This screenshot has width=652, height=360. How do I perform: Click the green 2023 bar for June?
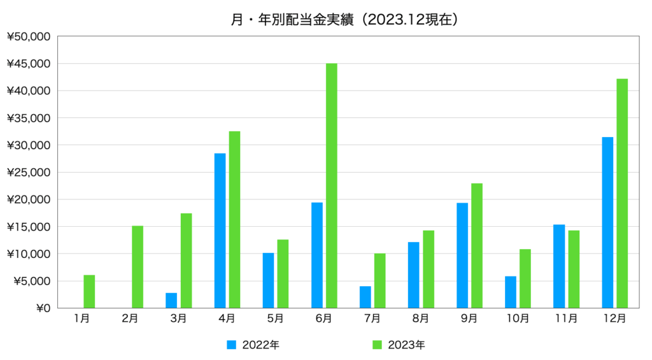(331, 185)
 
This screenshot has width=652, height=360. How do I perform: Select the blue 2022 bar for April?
(220, 231)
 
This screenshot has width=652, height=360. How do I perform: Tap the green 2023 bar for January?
(89, 291)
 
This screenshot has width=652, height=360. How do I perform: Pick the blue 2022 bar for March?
(171, 301)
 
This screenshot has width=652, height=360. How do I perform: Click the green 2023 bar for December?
(622, 194)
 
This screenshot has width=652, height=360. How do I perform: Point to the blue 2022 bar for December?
(607, 222)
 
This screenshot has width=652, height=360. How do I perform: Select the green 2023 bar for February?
(138, 267)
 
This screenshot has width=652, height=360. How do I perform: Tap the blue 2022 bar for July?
(365, 297)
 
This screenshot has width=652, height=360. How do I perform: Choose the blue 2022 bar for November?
(559, 266)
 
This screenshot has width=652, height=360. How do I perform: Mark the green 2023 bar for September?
(477, 245)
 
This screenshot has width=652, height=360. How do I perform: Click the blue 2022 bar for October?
(511, 292)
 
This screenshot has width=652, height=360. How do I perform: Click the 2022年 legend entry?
(253, 345)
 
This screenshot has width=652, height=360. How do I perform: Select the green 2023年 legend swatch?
(377, 345)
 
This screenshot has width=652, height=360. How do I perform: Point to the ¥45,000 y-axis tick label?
(28, 64)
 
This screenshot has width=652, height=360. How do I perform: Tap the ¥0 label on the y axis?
(43, 308)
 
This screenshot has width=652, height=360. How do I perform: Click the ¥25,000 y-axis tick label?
(28, 172)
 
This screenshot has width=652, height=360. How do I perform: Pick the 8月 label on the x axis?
(421, 319)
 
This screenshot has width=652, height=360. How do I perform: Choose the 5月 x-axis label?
(275, 319)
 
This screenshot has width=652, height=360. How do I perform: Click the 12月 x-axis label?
(615, 319)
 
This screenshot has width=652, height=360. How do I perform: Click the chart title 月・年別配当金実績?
(292, 20)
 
